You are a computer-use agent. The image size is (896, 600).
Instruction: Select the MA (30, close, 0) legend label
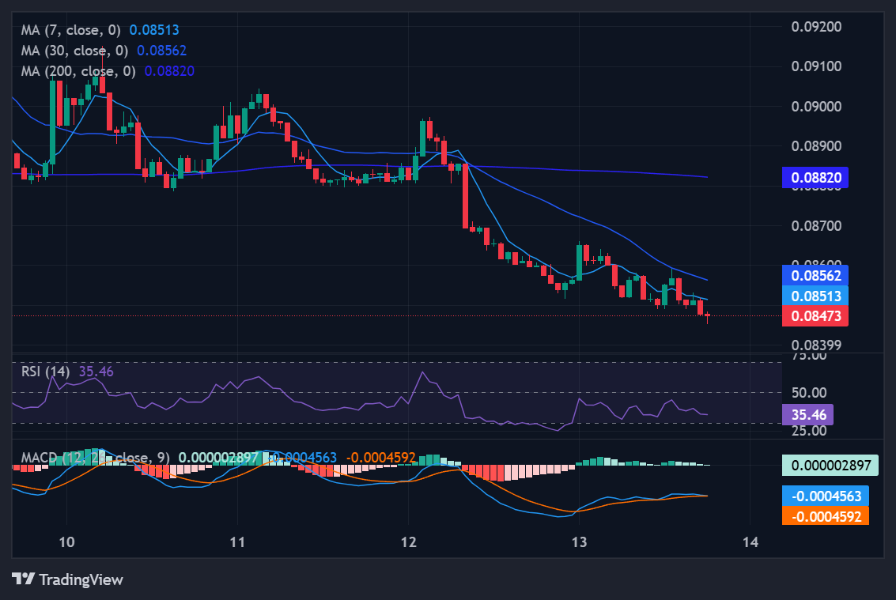75,50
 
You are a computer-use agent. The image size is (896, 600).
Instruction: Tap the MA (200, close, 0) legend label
78,70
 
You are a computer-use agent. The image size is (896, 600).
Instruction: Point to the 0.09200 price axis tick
817,26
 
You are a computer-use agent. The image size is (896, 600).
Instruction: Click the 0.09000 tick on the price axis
817,106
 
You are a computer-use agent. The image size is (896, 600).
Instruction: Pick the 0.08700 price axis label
817,226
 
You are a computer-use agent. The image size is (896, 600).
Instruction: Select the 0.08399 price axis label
817,345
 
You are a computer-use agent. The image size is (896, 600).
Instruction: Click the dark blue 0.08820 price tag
815,177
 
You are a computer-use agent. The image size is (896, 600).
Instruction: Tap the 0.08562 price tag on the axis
815,275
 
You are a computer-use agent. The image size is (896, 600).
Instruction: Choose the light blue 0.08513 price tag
815,296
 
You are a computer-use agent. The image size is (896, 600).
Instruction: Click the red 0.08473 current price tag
815,316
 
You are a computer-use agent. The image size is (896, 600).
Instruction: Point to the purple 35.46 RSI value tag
807,413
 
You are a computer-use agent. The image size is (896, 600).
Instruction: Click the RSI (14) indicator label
46,371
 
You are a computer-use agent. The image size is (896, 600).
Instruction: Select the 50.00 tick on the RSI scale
809,392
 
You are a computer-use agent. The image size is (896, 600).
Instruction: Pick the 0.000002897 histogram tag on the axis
830,465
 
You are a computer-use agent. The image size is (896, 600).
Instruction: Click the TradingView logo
67,579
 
